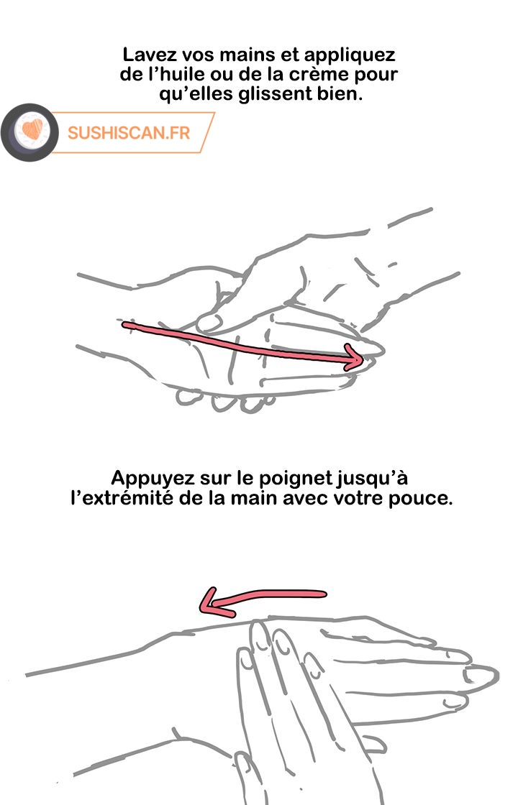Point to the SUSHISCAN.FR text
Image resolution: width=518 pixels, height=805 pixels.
point(129,133)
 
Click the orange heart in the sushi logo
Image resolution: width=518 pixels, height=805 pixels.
point(32,129)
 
